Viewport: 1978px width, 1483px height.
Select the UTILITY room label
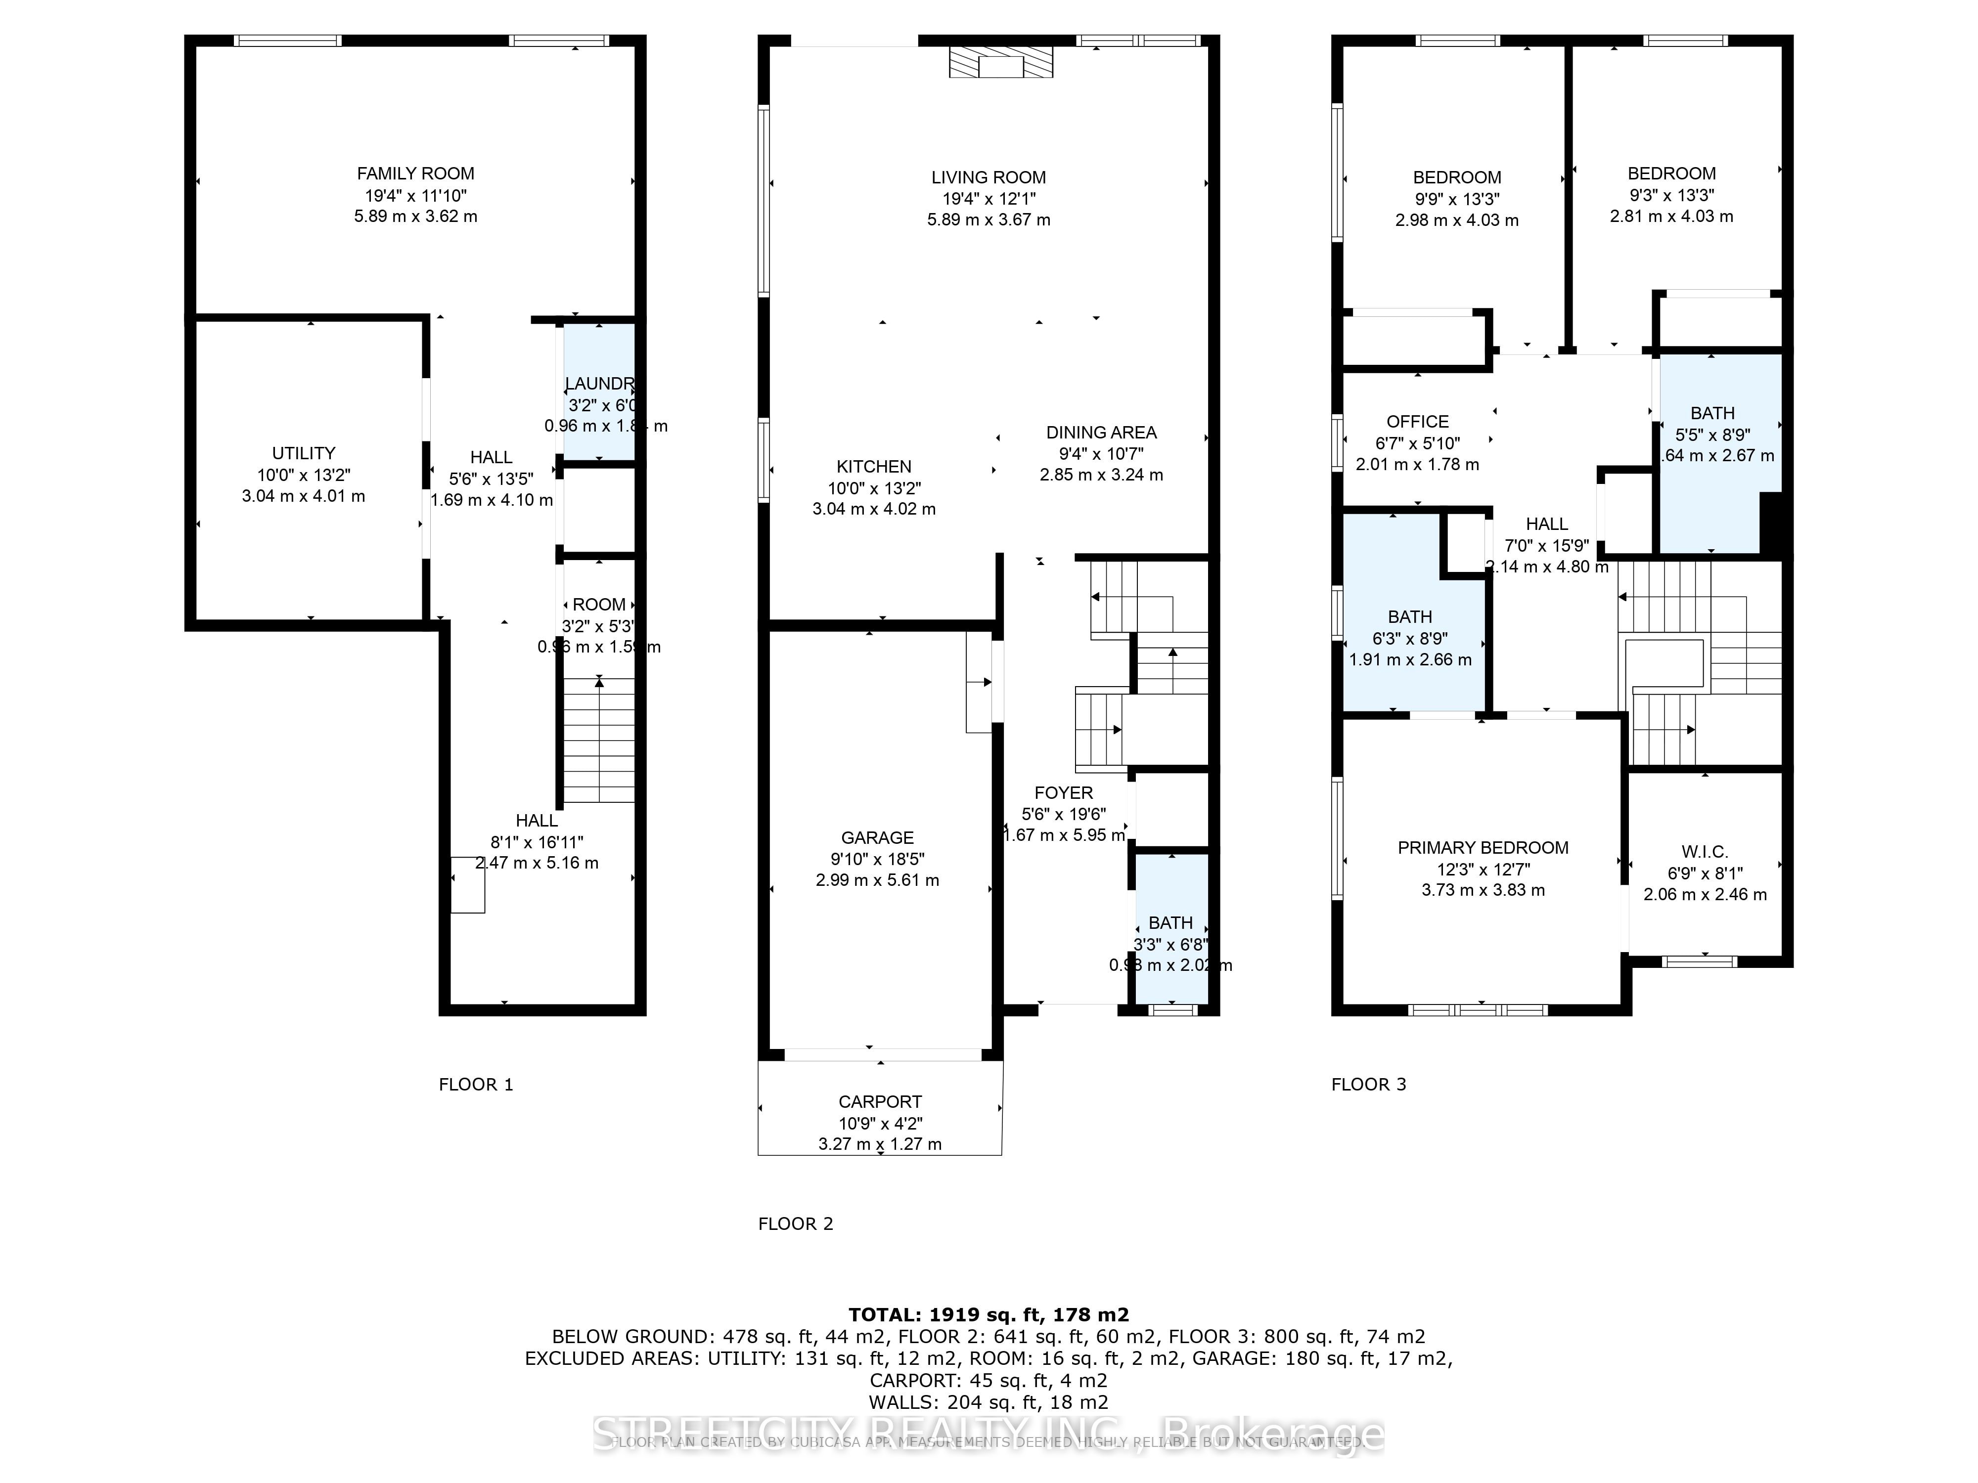pyautogui.click(x=303, y=453)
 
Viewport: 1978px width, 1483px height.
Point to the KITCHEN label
pyautogui.click(x=874, y=467)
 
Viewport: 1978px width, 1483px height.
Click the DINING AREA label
pyautogui.click(x=1101, y=433)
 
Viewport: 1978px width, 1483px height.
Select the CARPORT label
pyautogui.click(x=880, y=1102)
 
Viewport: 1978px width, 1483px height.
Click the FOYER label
pyautogui.click(x=1063, y=793)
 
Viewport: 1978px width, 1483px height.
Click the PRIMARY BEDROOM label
pyautogui.click(x=1483, y=847)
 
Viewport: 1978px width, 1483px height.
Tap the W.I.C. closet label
pyautogui.click(x=1705, y=852)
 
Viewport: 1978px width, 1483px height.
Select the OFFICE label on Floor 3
pyautogui.click(x=1417, y=422)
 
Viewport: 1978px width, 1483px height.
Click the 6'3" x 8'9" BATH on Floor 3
pyautogui.click(x=1410, y=626)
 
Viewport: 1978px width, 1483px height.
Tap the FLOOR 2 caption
pyautogui.click(x=795, y=1224)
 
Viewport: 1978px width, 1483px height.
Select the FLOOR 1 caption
pyautogui.click(x=476, y=1084)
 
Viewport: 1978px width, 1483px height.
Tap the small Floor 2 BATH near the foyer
pyautogui.click(x=1170, y=930)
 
